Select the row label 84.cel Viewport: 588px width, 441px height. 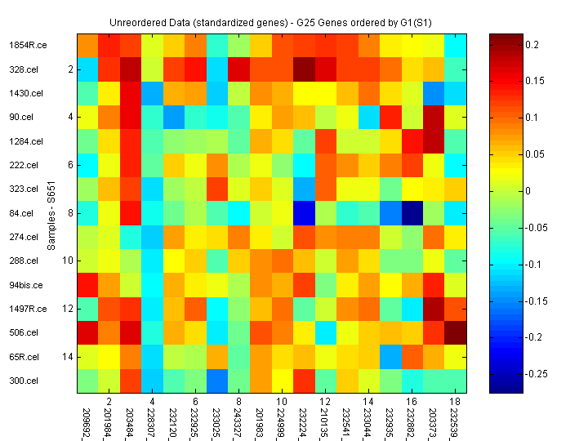pos(20,214)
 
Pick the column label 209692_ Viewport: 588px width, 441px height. pos(87,419)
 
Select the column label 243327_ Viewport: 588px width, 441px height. pos(238,419)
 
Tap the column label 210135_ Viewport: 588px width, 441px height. pos(324,419)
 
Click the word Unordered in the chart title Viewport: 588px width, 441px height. pos(134,23)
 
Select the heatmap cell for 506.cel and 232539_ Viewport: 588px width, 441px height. pos(454,333)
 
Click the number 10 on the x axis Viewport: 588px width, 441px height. pos(281,402)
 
